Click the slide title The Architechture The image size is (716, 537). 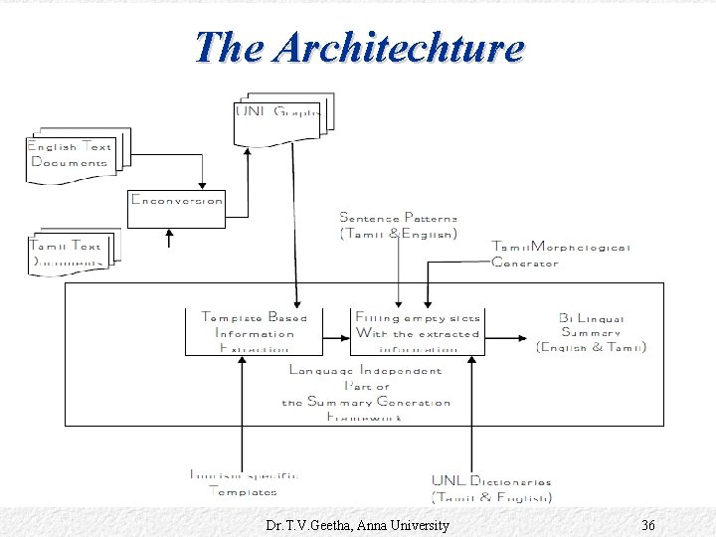pyautogui.click(x=358, y=47)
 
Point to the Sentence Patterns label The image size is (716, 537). pyautogui.click(x=399, y=225)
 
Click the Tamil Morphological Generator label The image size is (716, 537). pyautogui.click(x=560, y=255)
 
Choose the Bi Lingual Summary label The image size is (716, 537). pyautogui.click(x=591, y=333)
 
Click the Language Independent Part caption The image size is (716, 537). pyautogui.click(x=365, y=394)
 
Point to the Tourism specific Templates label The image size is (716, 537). pyautogui.click(x=244, y=482)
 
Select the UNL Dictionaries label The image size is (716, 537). pyautogui.click(x=491, y=488)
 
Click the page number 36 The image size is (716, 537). pyautogui.click(x=647, y=525)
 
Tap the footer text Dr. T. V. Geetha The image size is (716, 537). pyautogui.click(x=358, y=525)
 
